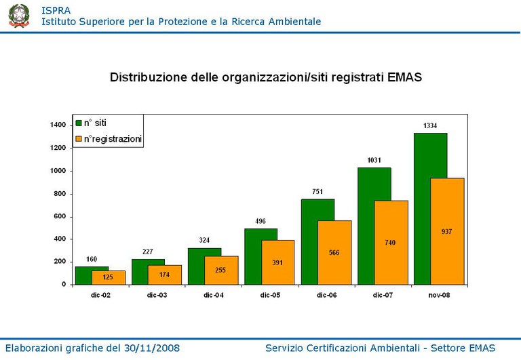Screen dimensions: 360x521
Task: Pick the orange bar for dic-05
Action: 278,271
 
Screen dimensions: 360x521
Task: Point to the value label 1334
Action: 430,126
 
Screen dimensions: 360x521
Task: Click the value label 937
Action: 447,231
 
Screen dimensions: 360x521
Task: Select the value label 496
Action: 261,221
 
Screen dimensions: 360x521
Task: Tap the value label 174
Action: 165,275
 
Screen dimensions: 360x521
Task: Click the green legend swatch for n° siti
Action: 78,123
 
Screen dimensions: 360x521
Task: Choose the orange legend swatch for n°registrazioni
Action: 78,139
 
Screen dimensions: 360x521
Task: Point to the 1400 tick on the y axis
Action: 58,125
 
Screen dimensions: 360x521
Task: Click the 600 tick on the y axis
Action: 60,216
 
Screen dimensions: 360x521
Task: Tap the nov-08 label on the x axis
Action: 438,295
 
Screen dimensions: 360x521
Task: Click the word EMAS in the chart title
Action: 405,77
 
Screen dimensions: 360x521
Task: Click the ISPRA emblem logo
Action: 19,16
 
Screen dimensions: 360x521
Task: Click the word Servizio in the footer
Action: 286,348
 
